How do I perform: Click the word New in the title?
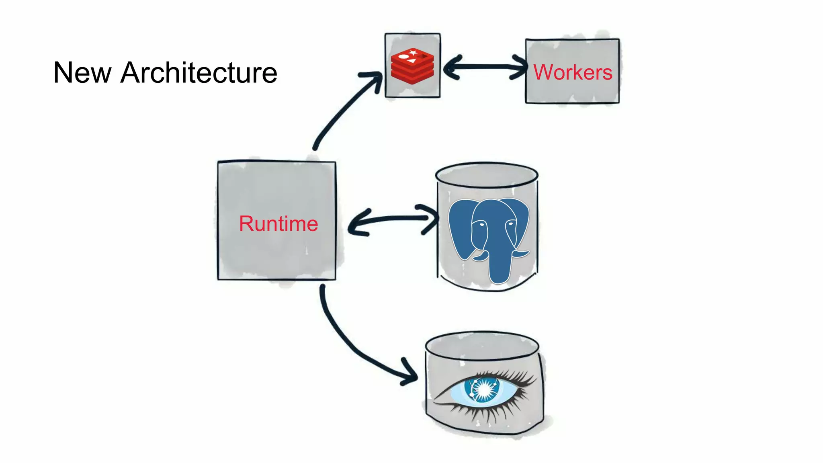pyautogui.click(x=82, y=73)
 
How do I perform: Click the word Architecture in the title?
pyautogui.click(x=199, y=73)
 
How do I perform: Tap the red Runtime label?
pyautogui.click(x=278, y=223)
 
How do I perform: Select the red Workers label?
pyautogui.click(x=572, y=72)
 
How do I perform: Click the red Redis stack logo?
pyautogui.click(x=412, y=67)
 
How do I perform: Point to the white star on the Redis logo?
pyautogui.click(x=413, y=52)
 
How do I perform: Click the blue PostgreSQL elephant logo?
pyautogui.click(x=489, y=237)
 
